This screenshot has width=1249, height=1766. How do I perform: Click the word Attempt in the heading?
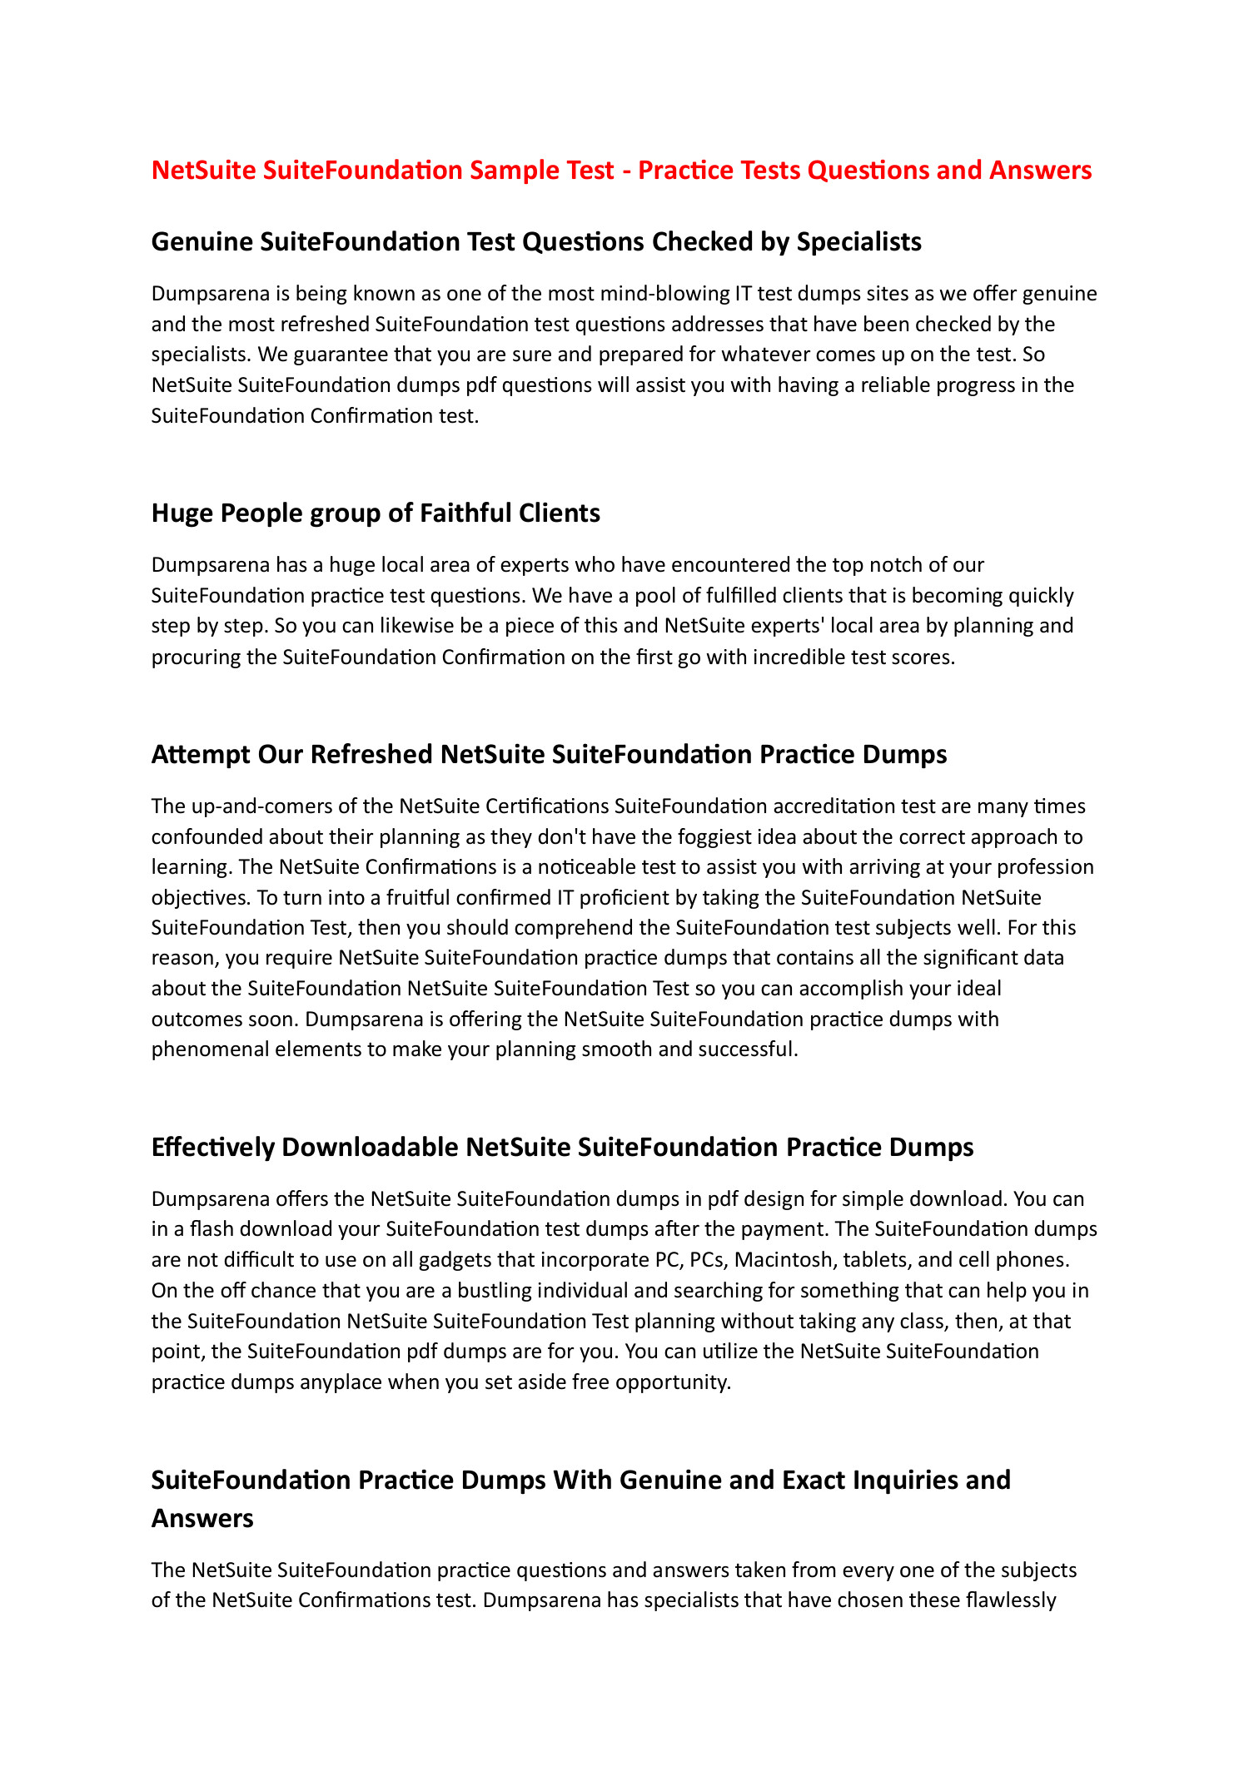[x=201, y=754]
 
